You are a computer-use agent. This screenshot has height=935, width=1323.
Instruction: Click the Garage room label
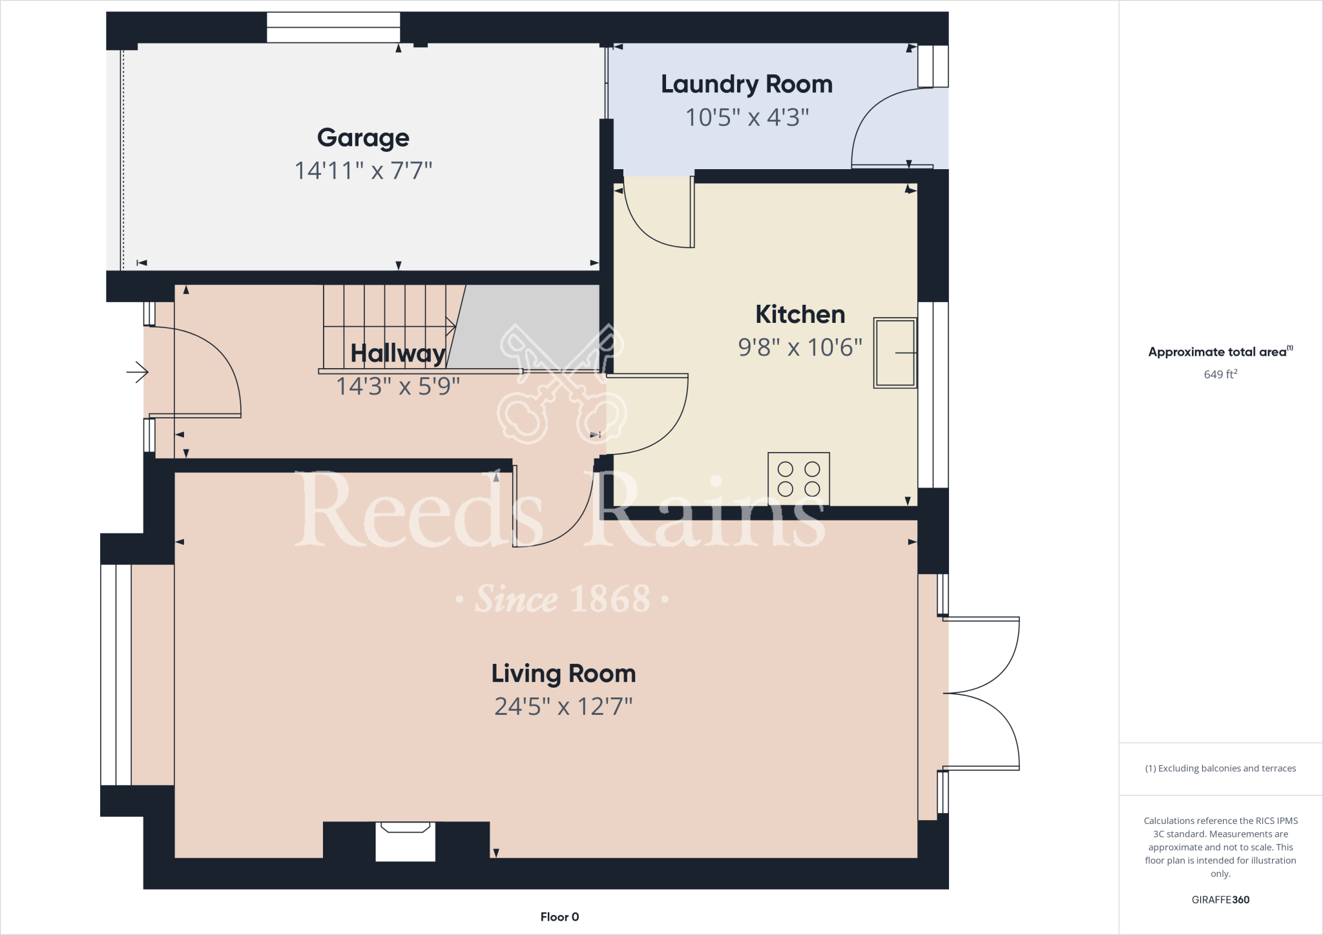pyautogui.click(x=363, y=138)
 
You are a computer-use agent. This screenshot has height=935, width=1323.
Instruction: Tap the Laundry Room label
pyautogui.click(x=746, y=85)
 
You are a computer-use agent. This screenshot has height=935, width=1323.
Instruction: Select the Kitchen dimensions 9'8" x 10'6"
pyautogui.click(x=800, y=348)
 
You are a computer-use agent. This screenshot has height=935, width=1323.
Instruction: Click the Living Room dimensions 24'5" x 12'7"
pyautogui.click(x=563, y=707)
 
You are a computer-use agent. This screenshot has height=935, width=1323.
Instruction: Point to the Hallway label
pyautogui.click(x=397, y=353)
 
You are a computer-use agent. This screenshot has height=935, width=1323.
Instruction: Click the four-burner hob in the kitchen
pyautogui.click(x=798, y=478)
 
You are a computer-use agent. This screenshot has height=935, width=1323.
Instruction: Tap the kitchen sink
pyautogui.click(x=895, y=353)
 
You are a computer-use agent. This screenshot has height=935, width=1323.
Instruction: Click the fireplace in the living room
pyautogui.click(x=405, y=841)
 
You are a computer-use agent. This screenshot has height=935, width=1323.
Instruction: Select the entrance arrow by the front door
pyautogui.click(x=138, y=372)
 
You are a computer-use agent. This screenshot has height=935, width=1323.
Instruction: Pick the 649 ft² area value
pyautogui.click(x=1220, y=374)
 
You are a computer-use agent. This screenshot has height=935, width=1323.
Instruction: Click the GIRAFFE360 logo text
pyautogui.click(x=1220, y=899)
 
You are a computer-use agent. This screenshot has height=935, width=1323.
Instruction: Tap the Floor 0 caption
pyautogui.click(x=559, y=917)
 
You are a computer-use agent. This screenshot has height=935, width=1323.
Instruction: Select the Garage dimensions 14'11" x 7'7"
pyautogui.click(x=363, y=171)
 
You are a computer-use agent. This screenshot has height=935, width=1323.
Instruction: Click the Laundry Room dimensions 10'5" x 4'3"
pyautogui.click(x=747, y=118)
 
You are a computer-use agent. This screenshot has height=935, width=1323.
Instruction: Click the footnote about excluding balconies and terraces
pyautogui.click(x=1220, y=768)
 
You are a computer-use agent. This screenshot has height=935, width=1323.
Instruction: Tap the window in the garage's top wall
pyautogui.click(x=333, y=28)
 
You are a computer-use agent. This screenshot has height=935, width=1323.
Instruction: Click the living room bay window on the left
pyautogui.click(x=116, y=675)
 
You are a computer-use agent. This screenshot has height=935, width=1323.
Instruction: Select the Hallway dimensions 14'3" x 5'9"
pyautogui.click(x=397, y=387)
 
